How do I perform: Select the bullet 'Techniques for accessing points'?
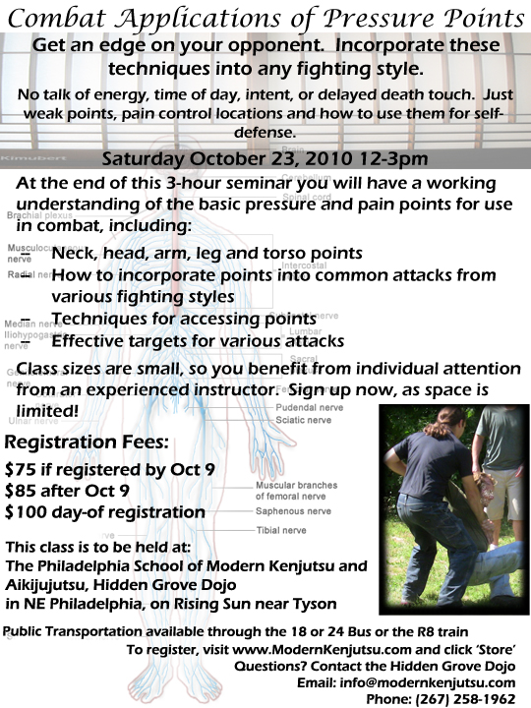tap(183, 321)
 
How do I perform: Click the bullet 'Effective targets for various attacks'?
tap(197, 341)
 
